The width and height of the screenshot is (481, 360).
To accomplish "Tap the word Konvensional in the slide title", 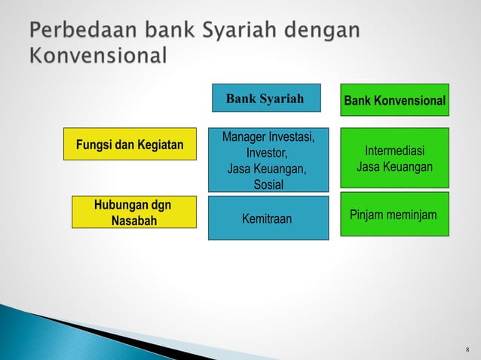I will tap(98, 56).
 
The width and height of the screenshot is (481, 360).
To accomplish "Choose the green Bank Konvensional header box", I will tap(394, 100).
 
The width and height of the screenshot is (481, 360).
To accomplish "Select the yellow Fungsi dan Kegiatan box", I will tap(127, 144).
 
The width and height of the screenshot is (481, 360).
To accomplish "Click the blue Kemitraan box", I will tap(268, 218).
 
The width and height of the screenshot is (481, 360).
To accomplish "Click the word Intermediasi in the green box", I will tap(394, 151).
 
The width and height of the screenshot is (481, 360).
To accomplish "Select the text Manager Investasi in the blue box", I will tap(267, 137).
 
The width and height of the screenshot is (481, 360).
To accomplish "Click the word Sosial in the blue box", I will tap(267, 185).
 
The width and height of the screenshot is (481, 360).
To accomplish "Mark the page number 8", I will tap(467, 350).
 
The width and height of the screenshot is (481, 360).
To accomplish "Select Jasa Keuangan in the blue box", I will tap(267, 169).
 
